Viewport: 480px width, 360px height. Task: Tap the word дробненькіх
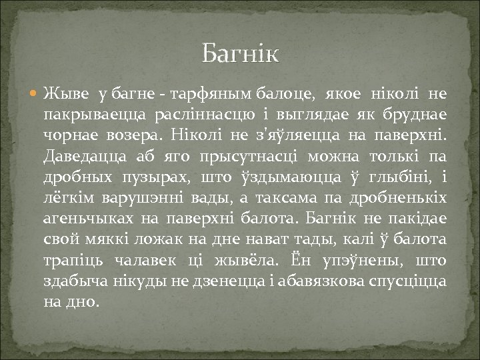pyautogui.click(x=404, y=198)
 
